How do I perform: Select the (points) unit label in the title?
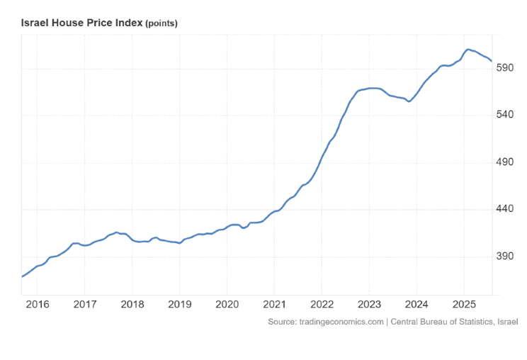[161, 23]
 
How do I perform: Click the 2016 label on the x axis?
[37, 305]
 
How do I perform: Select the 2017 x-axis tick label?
[84, 305]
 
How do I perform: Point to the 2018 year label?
[132, 305]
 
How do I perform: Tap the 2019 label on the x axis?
[179, 305]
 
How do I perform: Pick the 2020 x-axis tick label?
[227, 305]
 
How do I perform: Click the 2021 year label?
[274, 305]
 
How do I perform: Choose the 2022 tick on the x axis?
[322, 305]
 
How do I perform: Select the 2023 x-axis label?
[369, 305]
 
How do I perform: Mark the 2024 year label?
[416, 305]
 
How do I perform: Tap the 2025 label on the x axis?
[464, 305]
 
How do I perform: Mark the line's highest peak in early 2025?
[468, 49]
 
